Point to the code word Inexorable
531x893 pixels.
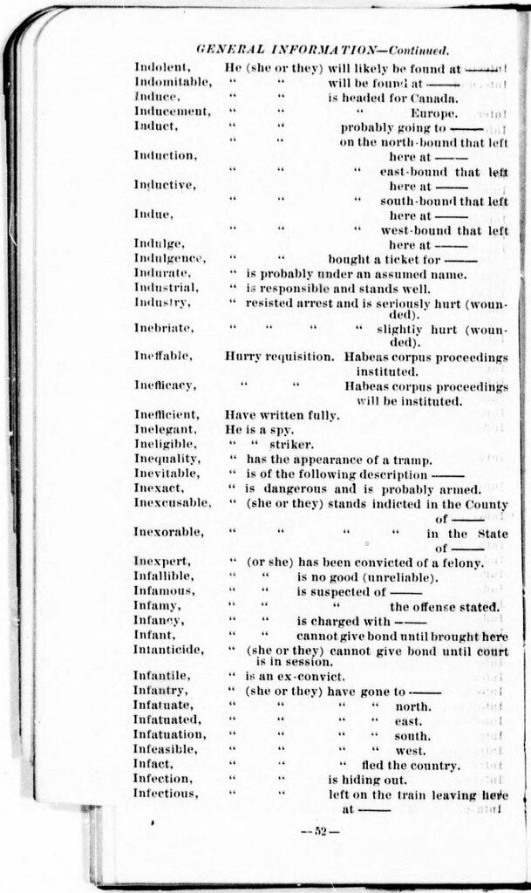point(165,532)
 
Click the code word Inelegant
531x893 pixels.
point(160,430)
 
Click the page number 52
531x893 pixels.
point(319,830)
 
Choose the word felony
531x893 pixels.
point(459,562)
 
